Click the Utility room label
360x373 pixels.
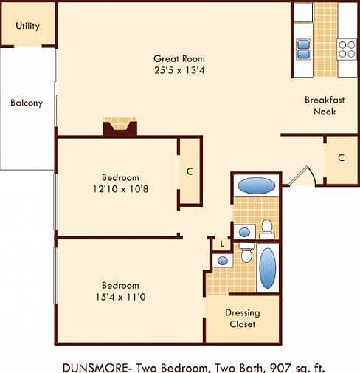pyautogui.click(x=28, y=27)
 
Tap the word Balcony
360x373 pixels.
pyautogui.click(x=27, y=103)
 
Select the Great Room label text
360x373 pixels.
pyautogui.click(x=179, y=58)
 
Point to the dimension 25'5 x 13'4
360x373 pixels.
pyautogui.click(x=179, y=70)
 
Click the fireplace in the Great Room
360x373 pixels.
pyautogui.click(x=120, y=128)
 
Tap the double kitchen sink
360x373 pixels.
pyautogui.click(x=304, y=49)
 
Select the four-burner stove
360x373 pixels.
pyautogui.click(x=347, y=49)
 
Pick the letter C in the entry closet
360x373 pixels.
pyautogui.click(x=341, y=158)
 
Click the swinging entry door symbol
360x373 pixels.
pyautogui.click(x=303, y=177)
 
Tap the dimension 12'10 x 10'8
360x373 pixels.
pyautogui.click(x=120, y=189)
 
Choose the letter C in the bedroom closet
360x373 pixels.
pyautogui.click(x=190, y=172)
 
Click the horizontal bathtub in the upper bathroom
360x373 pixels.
pyautogui.click(x=256, y=185)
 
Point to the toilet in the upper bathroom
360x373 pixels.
pyautogui.click(x=267, y=229)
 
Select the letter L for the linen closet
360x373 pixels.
pyautogui.click(x=220, y=244)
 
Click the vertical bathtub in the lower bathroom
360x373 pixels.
pyautogui.click(x=268, y=268)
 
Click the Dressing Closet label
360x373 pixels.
pyautogui.click(x=242, y=318)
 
